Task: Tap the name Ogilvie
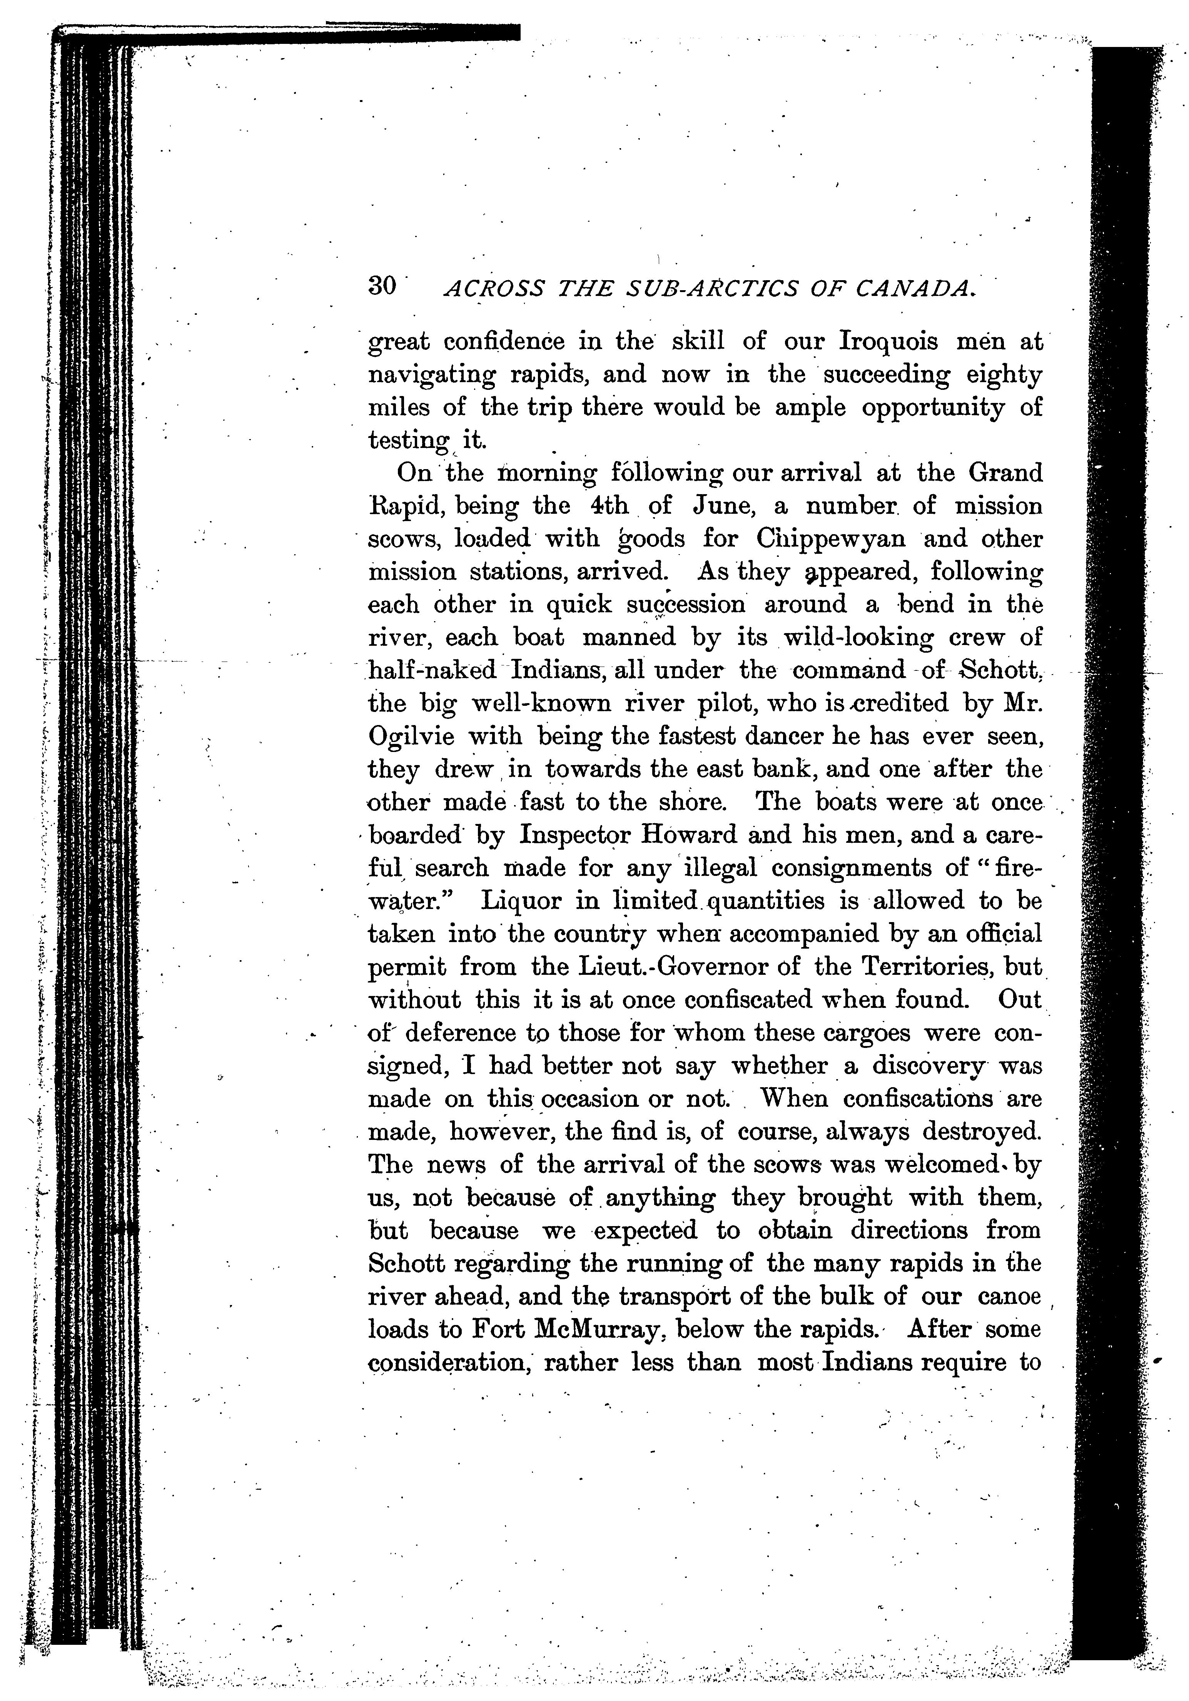coord(414,737)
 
